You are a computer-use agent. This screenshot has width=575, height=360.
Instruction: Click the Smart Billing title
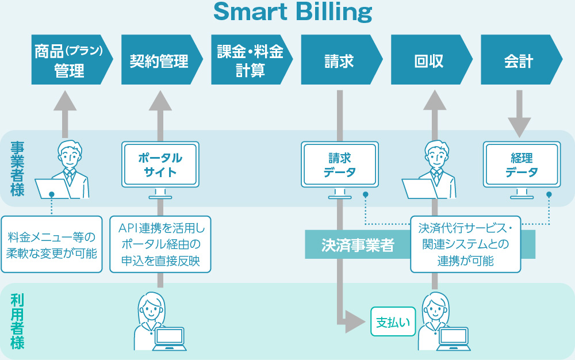293,12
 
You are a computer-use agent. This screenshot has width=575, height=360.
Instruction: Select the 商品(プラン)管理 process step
72,60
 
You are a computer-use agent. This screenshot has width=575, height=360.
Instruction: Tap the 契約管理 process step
162,60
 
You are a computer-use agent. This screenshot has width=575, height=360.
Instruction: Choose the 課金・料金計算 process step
252,60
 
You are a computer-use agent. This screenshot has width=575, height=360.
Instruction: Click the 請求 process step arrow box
342,60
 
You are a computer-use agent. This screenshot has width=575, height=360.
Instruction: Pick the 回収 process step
431,60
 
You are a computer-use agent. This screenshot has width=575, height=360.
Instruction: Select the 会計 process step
521,60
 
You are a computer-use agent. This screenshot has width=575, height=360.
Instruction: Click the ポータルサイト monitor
160,170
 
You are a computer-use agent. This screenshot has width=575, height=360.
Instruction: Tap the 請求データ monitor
340,170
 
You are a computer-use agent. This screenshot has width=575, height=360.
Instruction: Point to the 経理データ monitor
522,170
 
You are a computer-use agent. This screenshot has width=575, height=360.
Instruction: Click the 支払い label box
393,321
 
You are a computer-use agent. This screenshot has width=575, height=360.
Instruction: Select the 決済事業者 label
358,244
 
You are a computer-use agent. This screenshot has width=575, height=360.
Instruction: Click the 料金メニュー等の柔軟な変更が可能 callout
52,244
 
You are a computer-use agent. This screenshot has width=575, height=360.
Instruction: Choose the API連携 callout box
160,244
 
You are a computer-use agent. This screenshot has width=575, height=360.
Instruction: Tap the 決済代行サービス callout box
466,244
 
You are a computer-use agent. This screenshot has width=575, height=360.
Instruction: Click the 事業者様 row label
17,168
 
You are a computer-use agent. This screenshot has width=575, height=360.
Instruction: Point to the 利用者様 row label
17,321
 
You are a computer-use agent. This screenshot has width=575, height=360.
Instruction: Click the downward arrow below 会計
519,114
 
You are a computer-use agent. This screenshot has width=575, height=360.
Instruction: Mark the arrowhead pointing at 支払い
355,322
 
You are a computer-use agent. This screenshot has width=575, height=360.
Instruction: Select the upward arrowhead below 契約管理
160,101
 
